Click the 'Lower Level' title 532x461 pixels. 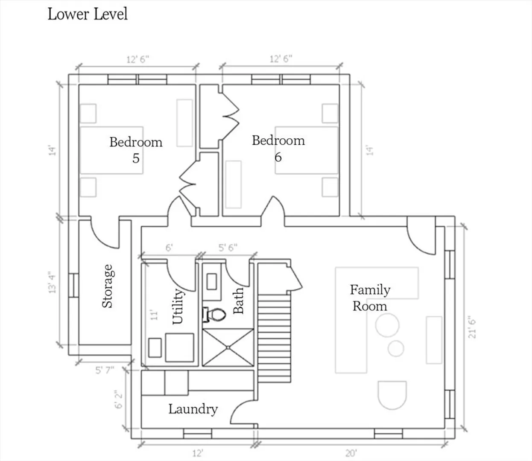pyautogui.click(x=88, y=14)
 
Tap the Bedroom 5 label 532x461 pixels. pyautogui.click(x=136, y=150)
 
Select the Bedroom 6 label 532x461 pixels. pyautogui.click(x=278, y=149)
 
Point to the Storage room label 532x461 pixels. pyautogui.click(x=108, y=286)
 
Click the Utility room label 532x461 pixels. pyautogui.click(x=178, y=306)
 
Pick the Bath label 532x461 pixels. pyautogui.click(x=238, y=301)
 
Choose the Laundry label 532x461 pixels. pyautogui.click(x=193, y=409)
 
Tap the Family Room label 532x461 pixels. pyautogui.click(x=370, y=298)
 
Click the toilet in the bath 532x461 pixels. pyautogui.click(x=214, y=314)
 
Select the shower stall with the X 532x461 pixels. pyautogui.click(x=228, y=347)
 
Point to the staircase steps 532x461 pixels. pyautogui.click(x=275, y=338)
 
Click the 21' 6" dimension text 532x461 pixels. pyautogui.click(x=472, y=327)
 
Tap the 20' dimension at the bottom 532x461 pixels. pyautogui.click(x=351, y=453)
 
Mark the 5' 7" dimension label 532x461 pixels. pyautogui.click(x=105, y=370)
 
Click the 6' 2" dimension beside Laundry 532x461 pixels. pyautogui.click(x=118, y=400)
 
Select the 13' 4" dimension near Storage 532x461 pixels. pyautogui.click(x=52, y=282)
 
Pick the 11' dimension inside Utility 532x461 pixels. pyautogui.click(x=154, y=315)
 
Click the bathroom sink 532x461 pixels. pyautogui.click(x=212, y=282)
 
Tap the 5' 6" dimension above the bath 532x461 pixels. pyautogui.click(x=228, y=248)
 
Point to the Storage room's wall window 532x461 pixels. pyautogui.click(x=73, y=285)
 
